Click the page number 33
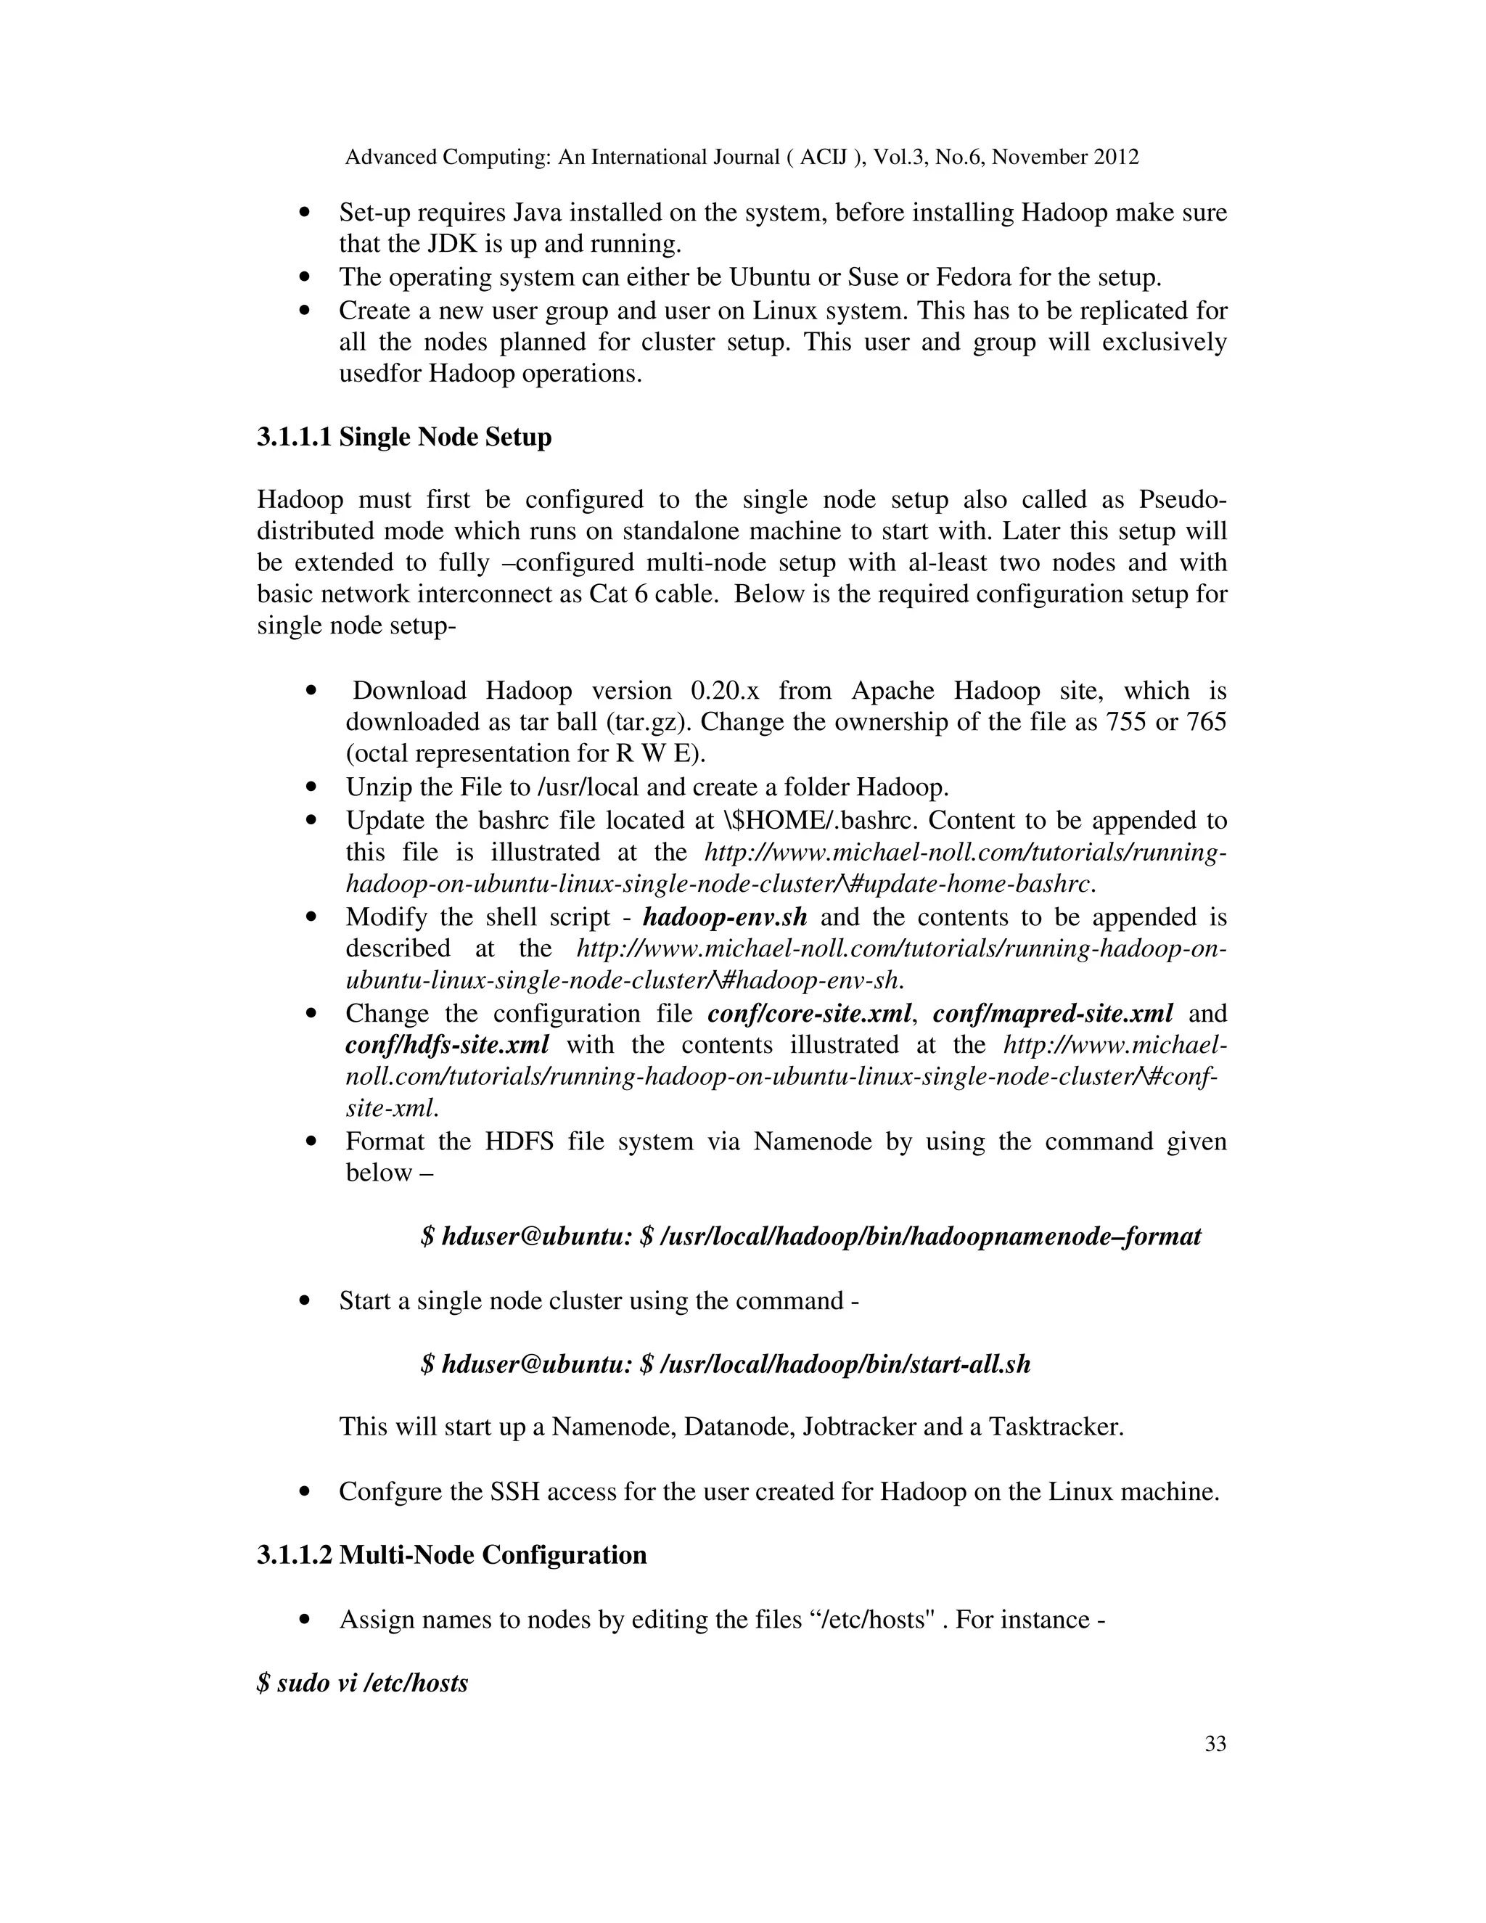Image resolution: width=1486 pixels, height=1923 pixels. [x=1215, y=1744]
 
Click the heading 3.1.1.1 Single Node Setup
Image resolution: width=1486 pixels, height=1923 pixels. [x=404, y=437]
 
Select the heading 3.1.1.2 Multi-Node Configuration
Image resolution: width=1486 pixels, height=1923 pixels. [x=451, y=1554]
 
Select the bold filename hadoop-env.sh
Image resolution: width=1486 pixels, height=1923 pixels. [x=725, y=917]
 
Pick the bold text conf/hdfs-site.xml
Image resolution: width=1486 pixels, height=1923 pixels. [x=447, y=1044]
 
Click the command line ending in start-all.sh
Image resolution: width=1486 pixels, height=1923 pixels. [x=726, y=1364]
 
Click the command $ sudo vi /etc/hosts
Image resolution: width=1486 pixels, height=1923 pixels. [x=363, y=1683]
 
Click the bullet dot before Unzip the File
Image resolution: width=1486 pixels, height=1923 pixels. [x=310, y=787]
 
